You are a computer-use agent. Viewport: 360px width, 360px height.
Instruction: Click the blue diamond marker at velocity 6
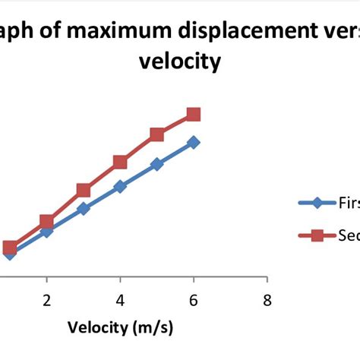[194, 142]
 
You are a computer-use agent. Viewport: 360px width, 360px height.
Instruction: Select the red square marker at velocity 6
[194, 115]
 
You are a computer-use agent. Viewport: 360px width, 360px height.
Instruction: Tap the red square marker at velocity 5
[156, 135]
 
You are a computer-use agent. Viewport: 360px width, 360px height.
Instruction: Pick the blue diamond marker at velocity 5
[156, 164]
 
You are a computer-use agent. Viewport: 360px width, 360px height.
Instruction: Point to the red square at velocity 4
[120, 163]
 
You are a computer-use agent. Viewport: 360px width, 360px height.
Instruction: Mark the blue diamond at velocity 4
[120, 186]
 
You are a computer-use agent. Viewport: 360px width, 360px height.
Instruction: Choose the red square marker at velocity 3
[84, 191]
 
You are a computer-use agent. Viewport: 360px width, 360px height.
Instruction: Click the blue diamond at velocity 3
[84, 208]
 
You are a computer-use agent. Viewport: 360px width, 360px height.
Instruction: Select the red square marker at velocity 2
[47, 222]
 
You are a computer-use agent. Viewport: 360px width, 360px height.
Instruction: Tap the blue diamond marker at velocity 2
[47, 231]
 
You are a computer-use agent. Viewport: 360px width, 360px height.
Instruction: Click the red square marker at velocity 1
[10, 248]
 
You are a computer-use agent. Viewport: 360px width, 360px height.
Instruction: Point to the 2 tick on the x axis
[47, 300]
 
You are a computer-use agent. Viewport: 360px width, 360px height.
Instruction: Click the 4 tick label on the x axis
[120, 300]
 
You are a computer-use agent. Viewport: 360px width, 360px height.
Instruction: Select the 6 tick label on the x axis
[194, 300]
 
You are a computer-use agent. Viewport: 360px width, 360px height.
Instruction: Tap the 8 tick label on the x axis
[267, 300]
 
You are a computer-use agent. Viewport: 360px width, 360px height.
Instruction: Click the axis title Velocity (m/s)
[121, 328]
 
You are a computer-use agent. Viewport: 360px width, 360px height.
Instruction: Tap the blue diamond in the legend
[318, 203]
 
